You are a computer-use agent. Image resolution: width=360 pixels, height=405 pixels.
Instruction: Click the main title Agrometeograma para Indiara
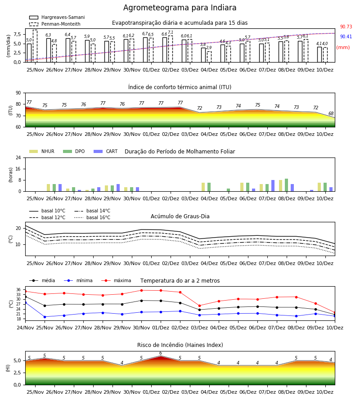[180, 8]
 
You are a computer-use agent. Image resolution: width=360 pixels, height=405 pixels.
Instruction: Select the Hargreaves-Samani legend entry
[57, 17]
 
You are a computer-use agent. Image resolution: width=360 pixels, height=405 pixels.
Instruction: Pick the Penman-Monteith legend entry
[55, 24]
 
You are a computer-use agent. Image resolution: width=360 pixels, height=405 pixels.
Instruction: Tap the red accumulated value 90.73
[346, 27]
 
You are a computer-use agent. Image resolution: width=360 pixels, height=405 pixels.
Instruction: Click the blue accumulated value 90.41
[346, 36]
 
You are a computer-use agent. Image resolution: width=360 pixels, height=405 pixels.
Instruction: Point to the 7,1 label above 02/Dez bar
[171, 32]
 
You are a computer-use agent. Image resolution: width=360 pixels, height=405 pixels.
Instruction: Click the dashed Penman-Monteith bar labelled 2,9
[209, 57]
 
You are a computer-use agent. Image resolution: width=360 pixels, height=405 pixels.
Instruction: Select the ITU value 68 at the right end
[331, 113]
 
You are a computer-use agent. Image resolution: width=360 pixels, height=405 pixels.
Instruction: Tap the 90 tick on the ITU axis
[18, 93]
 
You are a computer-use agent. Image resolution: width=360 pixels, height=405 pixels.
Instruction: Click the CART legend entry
[106, 151]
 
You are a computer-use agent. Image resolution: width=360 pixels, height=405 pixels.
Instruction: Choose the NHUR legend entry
[42, 151]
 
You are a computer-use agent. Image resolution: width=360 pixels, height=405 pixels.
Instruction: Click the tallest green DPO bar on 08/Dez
[286, 185]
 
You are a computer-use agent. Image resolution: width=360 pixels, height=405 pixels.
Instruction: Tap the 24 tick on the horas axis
[18, 158]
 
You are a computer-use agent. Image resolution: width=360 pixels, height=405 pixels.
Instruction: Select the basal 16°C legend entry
[92, 217]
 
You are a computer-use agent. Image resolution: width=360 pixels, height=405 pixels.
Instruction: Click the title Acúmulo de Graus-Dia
[180, 216]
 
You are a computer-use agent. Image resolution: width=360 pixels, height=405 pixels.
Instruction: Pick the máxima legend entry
[116, 280]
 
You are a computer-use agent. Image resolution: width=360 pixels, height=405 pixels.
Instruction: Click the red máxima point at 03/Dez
[199, 306]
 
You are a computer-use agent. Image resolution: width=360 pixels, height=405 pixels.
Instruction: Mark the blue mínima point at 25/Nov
[45, 317]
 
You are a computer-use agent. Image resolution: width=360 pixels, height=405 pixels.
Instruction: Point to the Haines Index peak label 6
[161, 353]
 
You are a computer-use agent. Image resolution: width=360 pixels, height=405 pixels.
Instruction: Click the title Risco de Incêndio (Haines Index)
[180, 345]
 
